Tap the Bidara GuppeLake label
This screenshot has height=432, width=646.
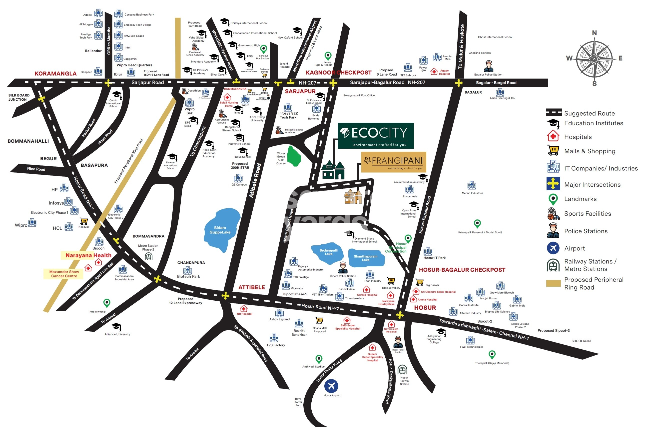click(220, 230)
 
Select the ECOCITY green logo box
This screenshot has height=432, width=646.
click(376, 135)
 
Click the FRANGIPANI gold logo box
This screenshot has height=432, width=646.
click(394, 162)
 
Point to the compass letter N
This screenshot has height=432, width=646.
click(594, 33)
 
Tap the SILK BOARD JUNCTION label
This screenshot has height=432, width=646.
click(19, 97)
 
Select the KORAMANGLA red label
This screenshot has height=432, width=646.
click(55, 73)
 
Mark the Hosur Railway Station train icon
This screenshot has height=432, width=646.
click(402, 370)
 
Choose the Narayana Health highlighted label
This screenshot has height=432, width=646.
click(88, 255)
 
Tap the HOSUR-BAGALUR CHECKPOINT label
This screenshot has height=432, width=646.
click(462, 270)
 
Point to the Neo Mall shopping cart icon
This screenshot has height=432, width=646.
click(84, 221)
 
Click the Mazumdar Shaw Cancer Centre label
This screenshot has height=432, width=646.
click(64, 274)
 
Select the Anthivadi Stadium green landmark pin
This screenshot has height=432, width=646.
click(319, 359)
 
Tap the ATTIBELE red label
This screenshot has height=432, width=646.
click(251, 287)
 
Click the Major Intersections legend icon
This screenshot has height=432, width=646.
click(553, 184)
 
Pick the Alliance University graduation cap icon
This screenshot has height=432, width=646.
click(116, 326)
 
